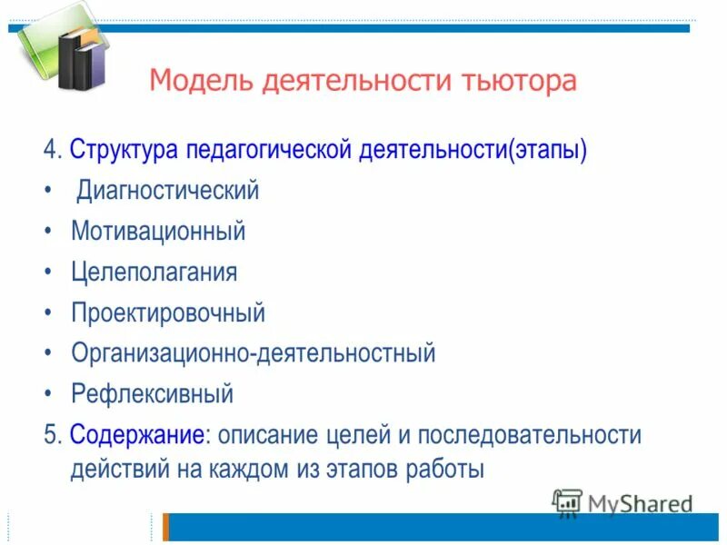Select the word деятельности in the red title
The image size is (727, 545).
click(355, 82)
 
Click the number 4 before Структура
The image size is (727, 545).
click(48, 150)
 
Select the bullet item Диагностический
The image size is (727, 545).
click(168, 191)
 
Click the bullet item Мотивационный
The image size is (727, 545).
click(158, 231)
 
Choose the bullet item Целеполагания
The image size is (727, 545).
click(154, 272)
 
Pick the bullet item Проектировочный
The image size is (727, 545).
click(168, 312)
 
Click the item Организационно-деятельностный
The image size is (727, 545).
click(254, 353)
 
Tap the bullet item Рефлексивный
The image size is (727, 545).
click(152, 394)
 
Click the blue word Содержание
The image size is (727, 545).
click(136, 435)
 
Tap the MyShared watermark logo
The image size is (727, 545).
click(622, 502)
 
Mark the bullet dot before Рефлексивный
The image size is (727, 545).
click(48, 394)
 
